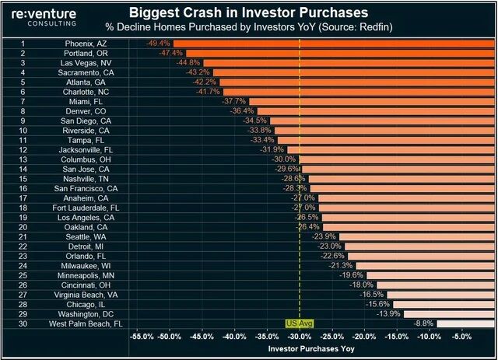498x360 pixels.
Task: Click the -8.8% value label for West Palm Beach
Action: (x=423, y=323)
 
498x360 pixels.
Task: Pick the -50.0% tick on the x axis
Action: (x=170, y=337)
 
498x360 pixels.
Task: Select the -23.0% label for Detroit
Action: (x=330, y=246)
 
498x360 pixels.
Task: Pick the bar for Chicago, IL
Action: (x=444, y=304)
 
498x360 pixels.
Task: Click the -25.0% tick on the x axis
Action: (x=331, y=337)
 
